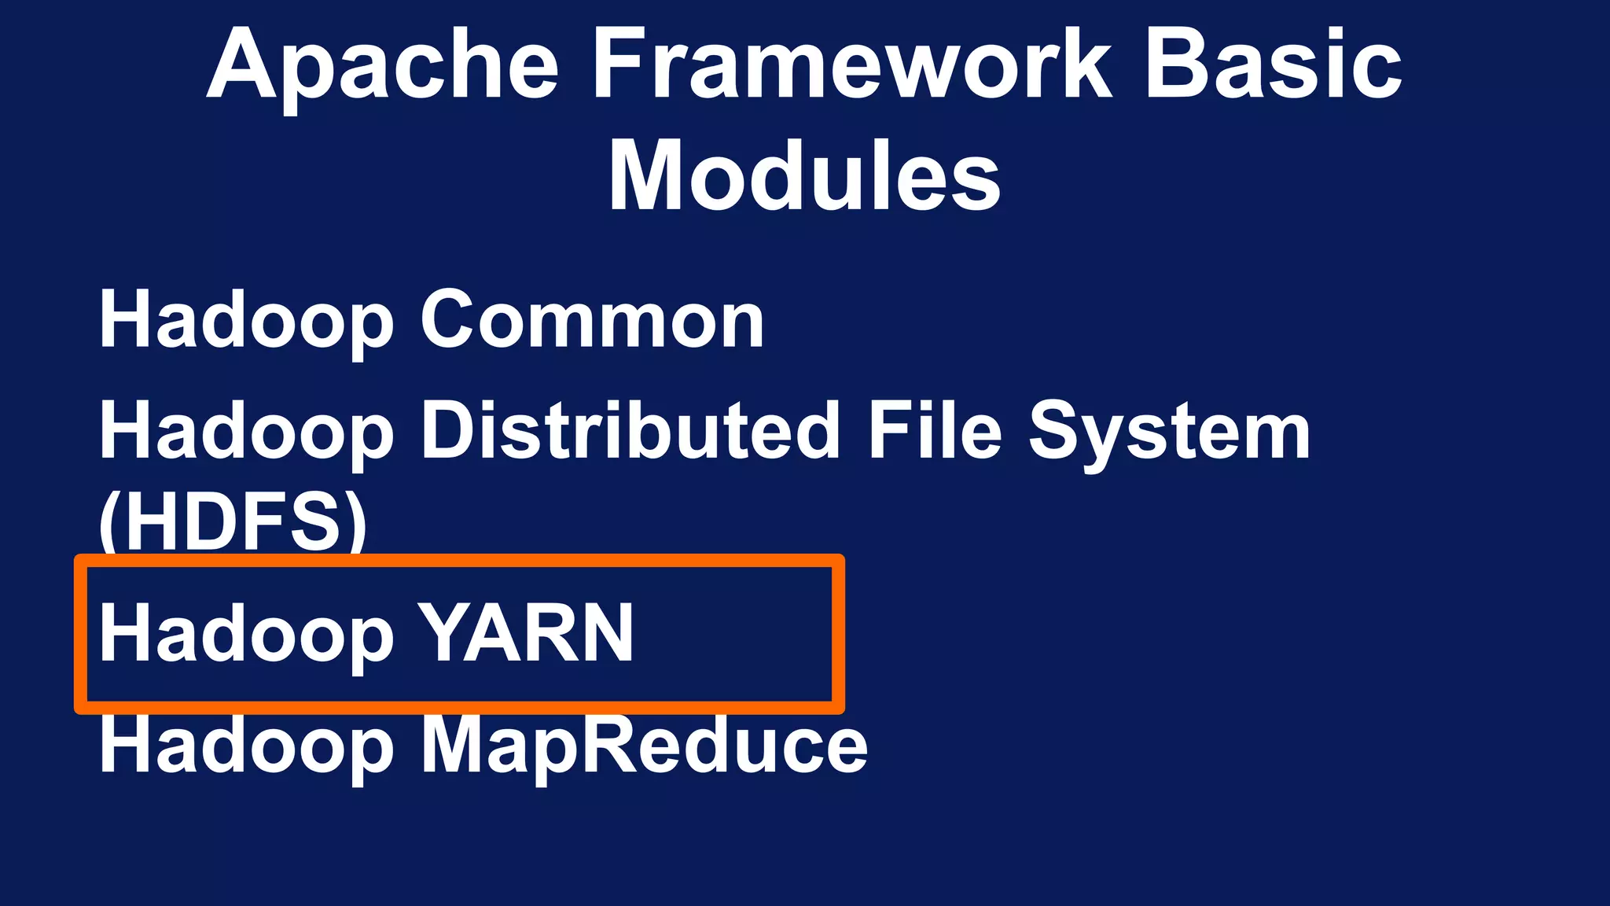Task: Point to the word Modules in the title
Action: [x=804, y=176]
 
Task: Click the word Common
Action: [x=592, y=320]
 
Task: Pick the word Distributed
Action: [x=630, y=430]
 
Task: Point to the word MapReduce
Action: [x=645, y=746]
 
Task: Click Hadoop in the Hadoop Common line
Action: [x=246, y=320]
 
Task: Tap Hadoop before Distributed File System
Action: [x=246, y=431]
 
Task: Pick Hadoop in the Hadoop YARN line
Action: [x=246, y=634]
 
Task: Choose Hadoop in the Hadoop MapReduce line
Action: [x=246, y=746]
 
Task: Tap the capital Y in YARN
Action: [x=443, y=633]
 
